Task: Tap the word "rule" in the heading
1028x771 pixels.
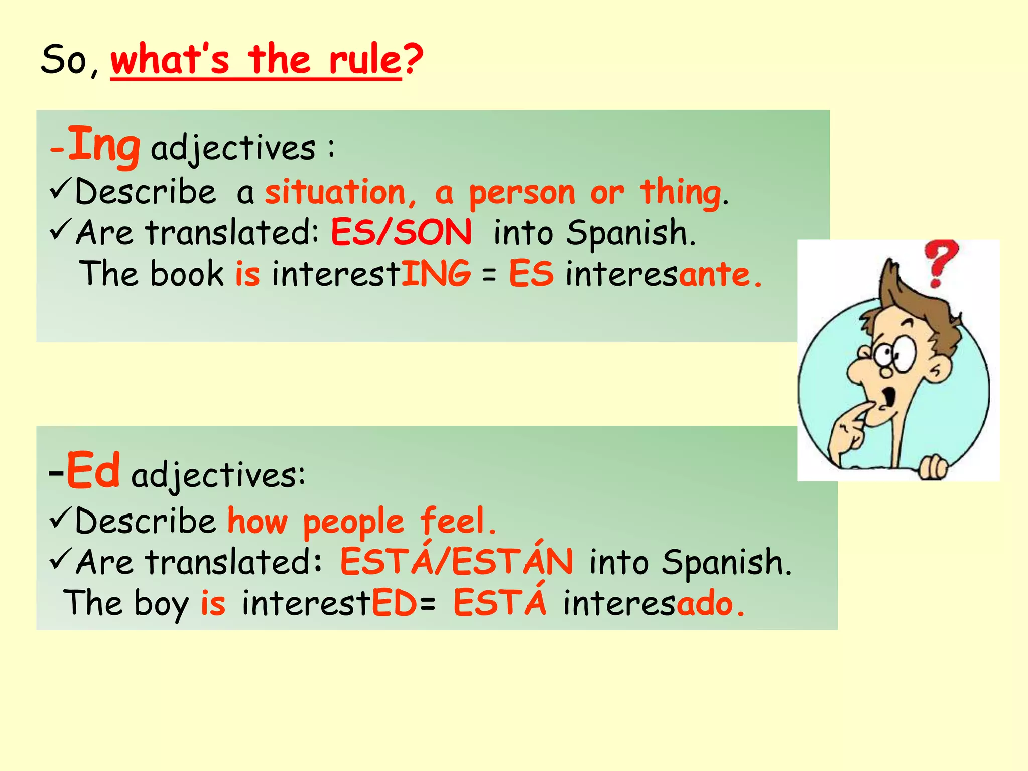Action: coord(365,60)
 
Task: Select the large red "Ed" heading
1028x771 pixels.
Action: coord(93,471)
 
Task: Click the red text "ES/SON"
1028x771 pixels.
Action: coord(401,233)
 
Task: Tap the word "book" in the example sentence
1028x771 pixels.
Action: coord(187,274)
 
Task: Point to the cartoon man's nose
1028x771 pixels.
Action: coord(859,369)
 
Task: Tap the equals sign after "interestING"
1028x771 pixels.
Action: coord(489,275)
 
